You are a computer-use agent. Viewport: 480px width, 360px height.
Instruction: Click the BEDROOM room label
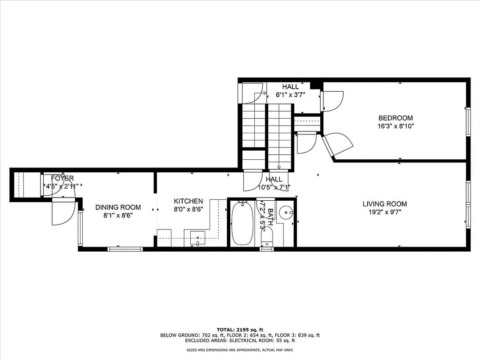tap(395, 118)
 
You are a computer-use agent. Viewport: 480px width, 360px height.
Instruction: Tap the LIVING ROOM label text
tap(385, 204)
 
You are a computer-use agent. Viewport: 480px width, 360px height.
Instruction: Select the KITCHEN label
tap(188, 201)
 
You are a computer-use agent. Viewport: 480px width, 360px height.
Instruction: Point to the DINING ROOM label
tap(118, 207)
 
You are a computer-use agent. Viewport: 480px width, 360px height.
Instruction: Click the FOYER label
tap(62, 179)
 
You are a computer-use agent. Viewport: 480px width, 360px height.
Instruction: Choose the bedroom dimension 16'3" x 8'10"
tap(395, 126)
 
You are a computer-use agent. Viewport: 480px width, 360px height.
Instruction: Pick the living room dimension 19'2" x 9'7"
tap(385, 212)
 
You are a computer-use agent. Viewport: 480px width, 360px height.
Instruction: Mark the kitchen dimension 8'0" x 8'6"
tap(188, 209)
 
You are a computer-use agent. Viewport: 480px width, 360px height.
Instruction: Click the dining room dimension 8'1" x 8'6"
tap(118, 216)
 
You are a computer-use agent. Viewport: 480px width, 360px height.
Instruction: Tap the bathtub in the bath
tap(242, 223)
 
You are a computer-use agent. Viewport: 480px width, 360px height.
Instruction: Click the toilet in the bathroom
tap(267, 237)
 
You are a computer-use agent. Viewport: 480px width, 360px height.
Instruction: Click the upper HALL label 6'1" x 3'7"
tap(290, 87)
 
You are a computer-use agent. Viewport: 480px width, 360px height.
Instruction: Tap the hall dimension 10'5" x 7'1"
tap(274, 187)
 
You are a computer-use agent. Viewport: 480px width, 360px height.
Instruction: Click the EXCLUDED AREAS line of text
tap(240, 341)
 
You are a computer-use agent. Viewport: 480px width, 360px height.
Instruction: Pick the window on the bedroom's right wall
tap(468, 122)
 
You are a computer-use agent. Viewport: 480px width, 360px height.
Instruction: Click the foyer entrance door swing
tap(63, 211)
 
